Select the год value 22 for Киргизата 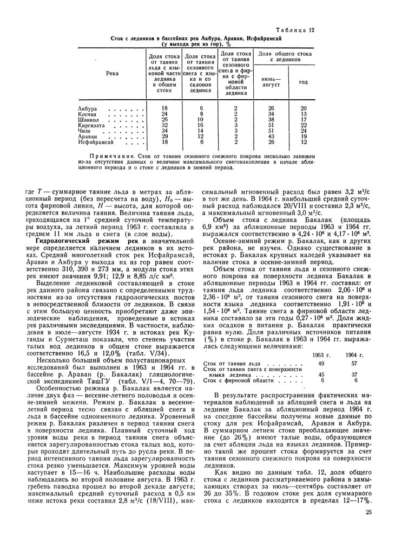(x=304, y=125)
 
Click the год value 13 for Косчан (x=304, y=114)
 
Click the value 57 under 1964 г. (x=355, y=363)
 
